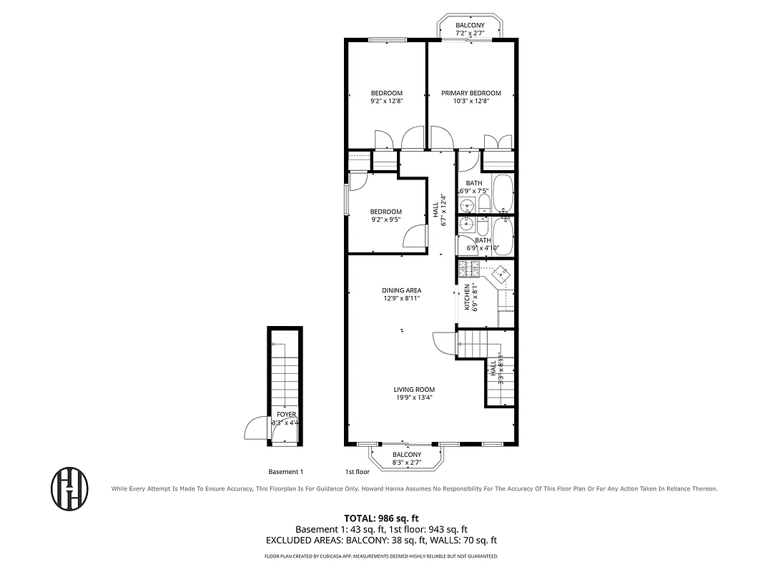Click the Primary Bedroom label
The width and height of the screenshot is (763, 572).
(471, 93)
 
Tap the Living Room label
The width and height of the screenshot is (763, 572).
(414, 390)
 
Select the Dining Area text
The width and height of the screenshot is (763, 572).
(401, 290)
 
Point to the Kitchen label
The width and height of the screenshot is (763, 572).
(468, 297)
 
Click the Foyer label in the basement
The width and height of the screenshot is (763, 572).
(286, 415)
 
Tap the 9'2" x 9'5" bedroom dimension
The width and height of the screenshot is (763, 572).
(386, 220)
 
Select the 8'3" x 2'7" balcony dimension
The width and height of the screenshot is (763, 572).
(407, 463)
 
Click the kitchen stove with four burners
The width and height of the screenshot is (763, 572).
(469, 269)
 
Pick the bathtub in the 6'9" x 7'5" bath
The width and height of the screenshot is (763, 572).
(503, 194)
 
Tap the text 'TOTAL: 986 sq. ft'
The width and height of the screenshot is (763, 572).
(381, 518)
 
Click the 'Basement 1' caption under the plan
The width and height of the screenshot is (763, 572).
(286, 472)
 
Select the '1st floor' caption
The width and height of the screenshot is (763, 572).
(358, 472)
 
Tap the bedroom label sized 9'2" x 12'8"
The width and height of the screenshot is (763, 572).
(386, 93)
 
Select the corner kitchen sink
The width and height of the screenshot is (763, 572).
(503, 272)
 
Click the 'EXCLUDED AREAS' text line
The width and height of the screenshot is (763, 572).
(381, 541)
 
